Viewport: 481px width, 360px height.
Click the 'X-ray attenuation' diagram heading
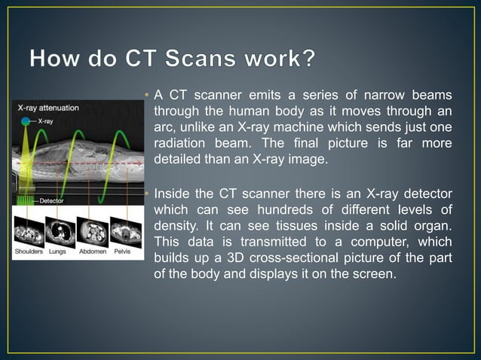click(x=47, y=108)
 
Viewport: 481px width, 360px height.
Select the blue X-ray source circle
click(x=26, y=121)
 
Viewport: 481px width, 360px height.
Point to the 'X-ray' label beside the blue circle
click(x=45, y=121)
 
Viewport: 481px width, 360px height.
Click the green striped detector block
click(x=26, y=201)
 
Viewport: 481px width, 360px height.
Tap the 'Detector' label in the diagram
click(x=51, y=201)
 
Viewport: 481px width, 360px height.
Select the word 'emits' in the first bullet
click(x=244, y=96)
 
